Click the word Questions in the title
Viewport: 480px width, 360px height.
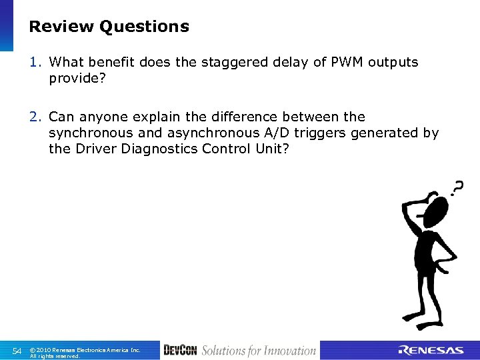[x=144, y=27]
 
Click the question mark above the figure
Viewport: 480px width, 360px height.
[x=457, y=189]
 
